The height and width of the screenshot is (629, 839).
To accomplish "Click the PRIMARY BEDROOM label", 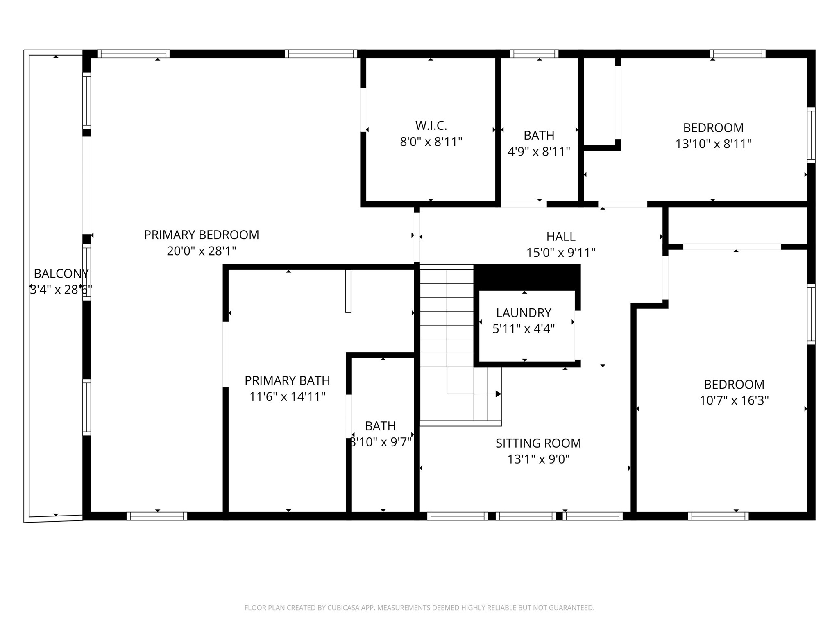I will pyautogui.click(x=201, y=235).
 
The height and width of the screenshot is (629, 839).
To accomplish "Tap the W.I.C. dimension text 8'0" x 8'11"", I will pyautogui.click(x=431, y=142).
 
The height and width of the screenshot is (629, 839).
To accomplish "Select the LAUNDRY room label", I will pyautogui.click(x=524, y=313).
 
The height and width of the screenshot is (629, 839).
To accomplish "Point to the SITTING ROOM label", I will pyautogui.click(x=538, y=443).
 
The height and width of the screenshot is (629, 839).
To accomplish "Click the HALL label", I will pyautogui.click(x=560, y=236).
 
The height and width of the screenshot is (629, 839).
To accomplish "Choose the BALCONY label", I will pyautogui.click(x=61, y=273).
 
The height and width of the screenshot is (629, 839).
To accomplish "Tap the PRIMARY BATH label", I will pyautogui.click(x=287, y=380).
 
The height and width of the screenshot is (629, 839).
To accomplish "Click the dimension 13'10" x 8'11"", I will pyautogui.click(x=713, y=144).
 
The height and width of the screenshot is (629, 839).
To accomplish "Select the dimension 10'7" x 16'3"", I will pyautogui.click(x=734, y=400).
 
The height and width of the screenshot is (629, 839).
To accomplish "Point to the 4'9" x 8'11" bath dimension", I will pyautogui.click(x=539, y=152).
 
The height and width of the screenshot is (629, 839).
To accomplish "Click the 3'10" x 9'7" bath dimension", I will pyautogui.click(x=381, y=442).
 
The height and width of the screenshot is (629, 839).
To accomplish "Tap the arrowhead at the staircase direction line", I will pyautogui.click(x=498, y=394).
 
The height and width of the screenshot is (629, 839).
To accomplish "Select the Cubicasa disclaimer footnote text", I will pyautogui.click(x=419, y=608).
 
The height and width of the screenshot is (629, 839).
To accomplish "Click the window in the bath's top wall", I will pyautogui.click(x=534, y=54).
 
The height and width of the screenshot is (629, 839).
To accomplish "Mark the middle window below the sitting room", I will pyautogui.click(x=526, y=516).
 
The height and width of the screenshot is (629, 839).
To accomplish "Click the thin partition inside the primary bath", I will pyautogui.click(x=348, y=291).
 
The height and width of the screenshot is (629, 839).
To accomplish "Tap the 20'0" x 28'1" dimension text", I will pyautogui.click(x=201, y=251).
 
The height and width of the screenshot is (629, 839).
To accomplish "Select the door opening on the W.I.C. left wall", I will pyautogui.click(x=363, y=110).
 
